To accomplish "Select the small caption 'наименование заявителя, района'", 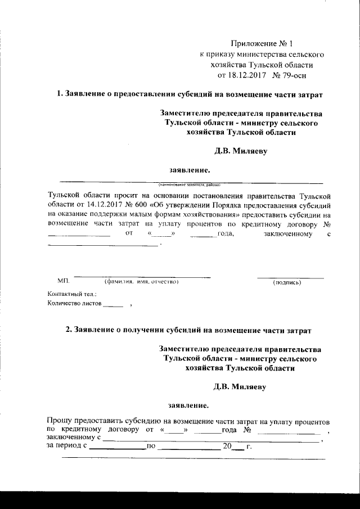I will point(190,184).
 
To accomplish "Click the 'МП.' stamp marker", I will point(63,281).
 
